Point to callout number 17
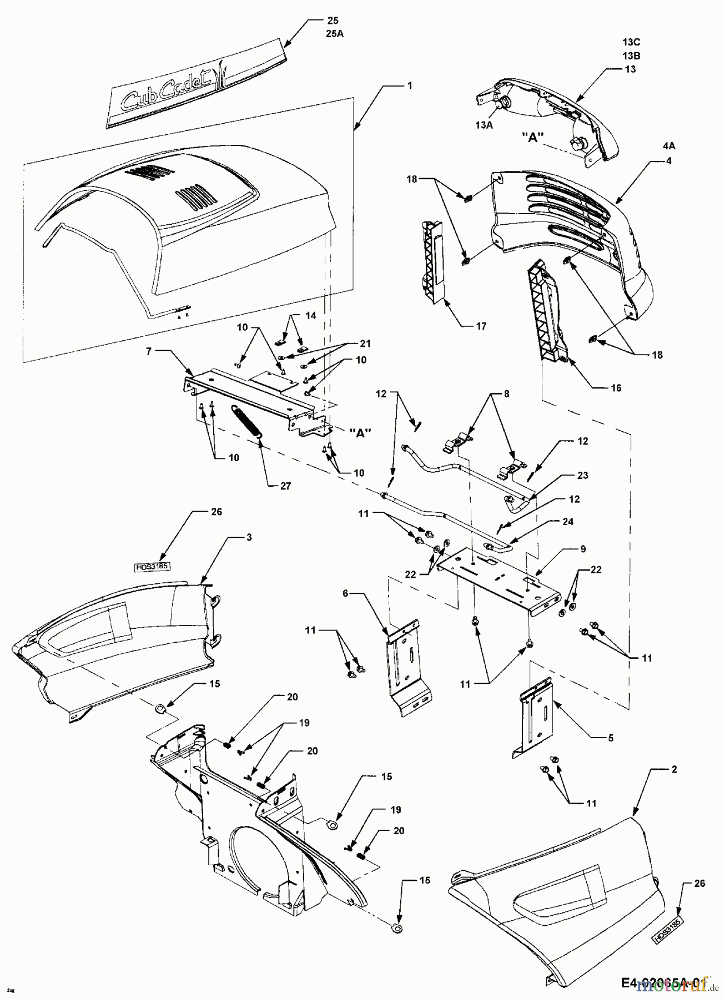coord(481,326)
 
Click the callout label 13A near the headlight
coord(484,125)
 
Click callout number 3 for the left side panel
coord(249,538)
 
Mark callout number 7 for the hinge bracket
coord(148,352)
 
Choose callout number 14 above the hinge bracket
coord(310,315)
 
